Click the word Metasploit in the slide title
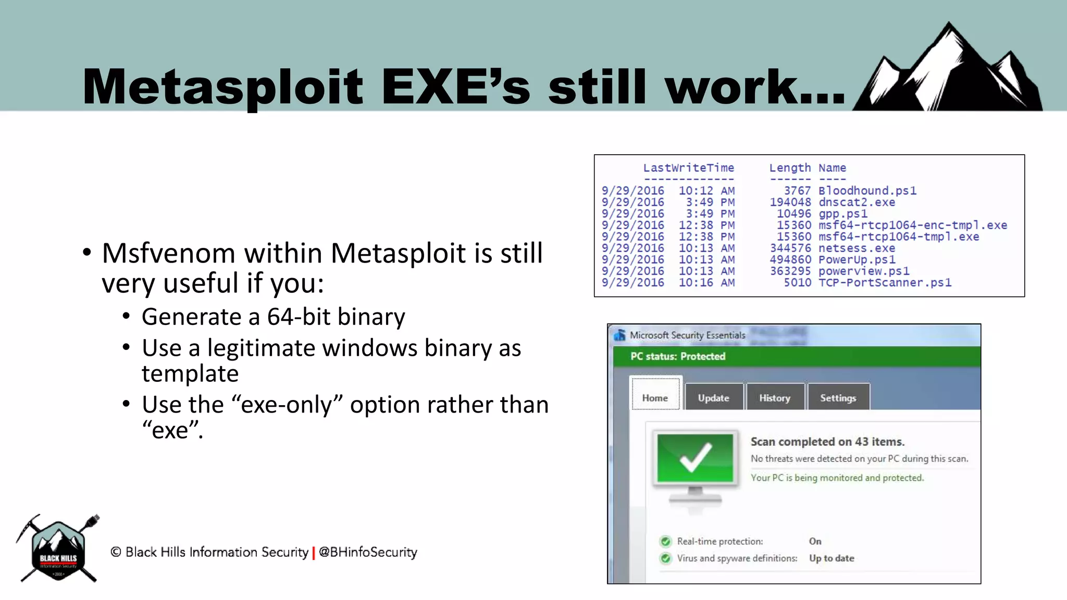[x=222, y=87]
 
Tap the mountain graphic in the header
[x=948, y=70]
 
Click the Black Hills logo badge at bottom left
[x=58, y=550]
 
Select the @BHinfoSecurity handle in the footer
[x=368, y=552]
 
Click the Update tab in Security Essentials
[x=713, y=398]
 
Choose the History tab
[x=775, y=398]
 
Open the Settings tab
[x=838, y=398]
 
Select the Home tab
[x=655, y=398]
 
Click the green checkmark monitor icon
[x=695, y=458]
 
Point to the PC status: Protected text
[x=677, y=356]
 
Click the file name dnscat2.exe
[x=857, y=202]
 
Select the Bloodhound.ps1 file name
[x=867, y=191]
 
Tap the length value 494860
[x=790, y=259]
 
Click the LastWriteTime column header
[x=688, y=168]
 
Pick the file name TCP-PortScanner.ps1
[x=885, y=282]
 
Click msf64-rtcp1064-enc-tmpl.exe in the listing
[x=912, y=225]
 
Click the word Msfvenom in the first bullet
[x=168, y=254]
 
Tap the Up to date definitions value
[x=832, y=558]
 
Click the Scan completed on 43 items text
[x=827, y=442]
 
